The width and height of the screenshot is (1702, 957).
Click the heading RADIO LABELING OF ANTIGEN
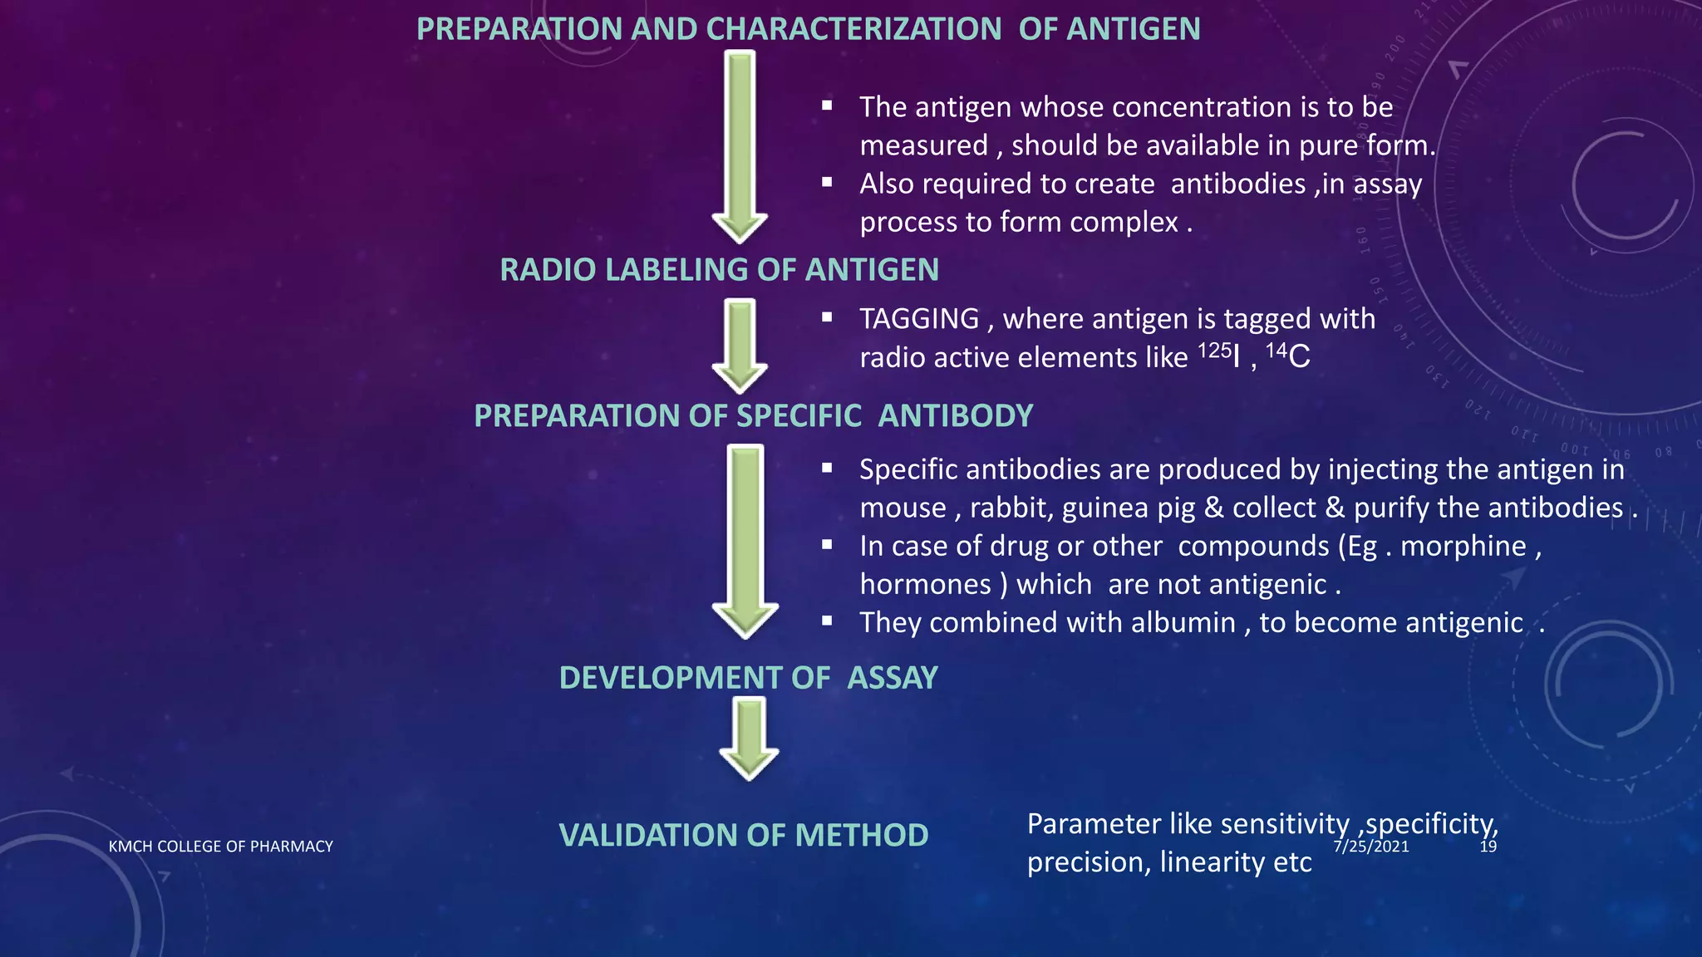coord(719,270)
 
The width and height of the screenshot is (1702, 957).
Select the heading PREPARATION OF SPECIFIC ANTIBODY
coord(753,415)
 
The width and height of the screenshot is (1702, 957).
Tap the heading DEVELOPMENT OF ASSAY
coord(748,678)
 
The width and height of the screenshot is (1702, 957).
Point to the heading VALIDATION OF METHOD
coord(743,835)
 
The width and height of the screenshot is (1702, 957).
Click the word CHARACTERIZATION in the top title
coord(853,29)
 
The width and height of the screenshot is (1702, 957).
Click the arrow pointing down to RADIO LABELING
coord(740,145)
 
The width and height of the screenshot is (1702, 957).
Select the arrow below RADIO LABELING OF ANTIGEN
coord(740,345)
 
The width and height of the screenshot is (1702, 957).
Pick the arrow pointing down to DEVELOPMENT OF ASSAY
coord(745,540)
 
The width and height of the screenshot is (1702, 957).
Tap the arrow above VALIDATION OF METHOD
coord(750,738)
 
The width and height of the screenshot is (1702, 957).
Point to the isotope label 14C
coord(1287,356)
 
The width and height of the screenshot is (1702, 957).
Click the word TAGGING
coord(919,319)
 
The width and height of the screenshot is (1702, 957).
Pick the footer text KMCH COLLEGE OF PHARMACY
coord(220,847)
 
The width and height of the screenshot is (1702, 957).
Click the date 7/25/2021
coord(1371,847)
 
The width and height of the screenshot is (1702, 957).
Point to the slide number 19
coord(1488,847)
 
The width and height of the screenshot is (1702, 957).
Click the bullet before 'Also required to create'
coord(827,183)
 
